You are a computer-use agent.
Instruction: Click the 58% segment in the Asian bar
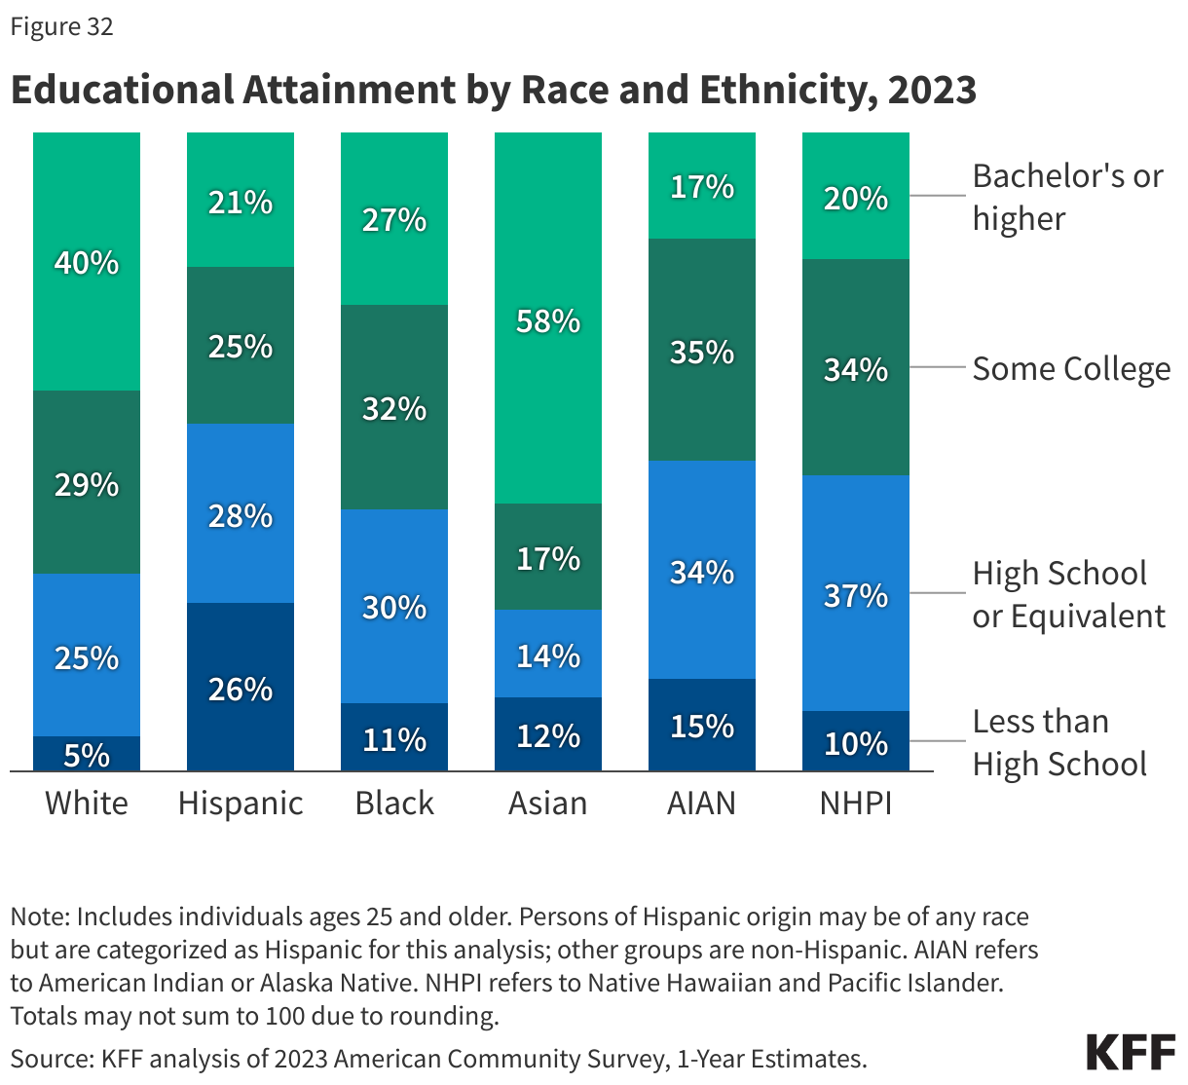tap(548, 318)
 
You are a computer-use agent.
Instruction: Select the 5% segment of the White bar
tap(87, 754)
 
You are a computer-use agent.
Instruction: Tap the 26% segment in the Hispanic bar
tap(241, 687)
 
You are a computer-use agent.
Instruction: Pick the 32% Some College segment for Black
tap(394, 407)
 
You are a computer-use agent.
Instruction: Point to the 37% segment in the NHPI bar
tap(856, 593)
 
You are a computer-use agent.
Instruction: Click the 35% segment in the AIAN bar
tap(702, 350)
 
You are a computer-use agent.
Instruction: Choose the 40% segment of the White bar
tap(87, 261)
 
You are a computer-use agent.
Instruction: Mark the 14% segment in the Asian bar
tap(548, 655)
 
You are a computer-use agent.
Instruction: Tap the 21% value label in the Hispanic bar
tap(241, 203)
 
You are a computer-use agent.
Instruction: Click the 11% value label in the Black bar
tap(394, 740)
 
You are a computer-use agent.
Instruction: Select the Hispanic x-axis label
tap(241, 804)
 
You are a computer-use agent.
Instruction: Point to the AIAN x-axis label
tap(702, 804)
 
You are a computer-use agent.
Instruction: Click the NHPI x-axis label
tap(856, 804)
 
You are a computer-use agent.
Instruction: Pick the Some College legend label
tap(1071, 369)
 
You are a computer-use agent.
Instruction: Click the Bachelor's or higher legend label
tap(1067, 197)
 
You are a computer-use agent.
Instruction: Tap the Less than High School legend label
tap(1059, 742)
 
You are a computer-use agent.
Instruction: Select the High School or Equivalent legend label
tap(1068, 594)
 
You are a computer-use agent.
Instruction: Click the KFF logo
tap(1131, 1053)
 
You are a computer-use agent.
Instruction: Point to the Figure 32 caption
tap(62, 27)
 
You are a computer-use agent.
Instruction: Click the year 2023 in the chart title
tap(932, 90)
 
